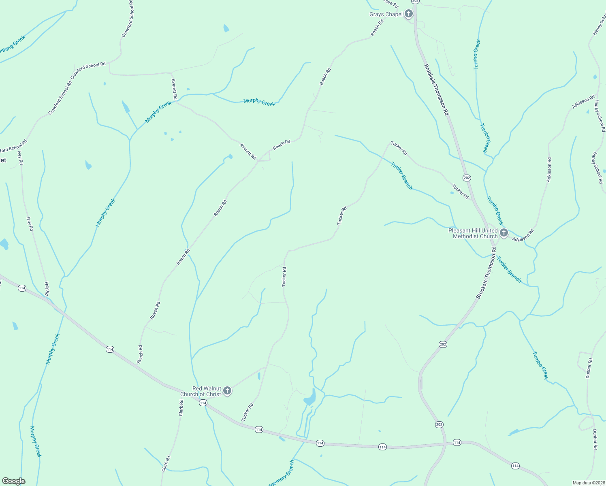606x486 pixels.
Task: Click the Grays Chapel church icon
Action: (x=408, y=15)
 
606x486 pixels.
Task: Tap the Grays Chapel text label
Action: (x=386, y=15)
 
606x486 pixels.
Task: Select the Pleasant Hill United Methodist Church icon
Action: (x=504, y=233)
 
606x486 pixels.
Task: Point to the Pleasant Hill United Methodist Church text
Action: (x=473, y=233)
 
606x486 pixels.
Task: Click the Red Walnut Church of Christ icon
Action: (x=227, y=391)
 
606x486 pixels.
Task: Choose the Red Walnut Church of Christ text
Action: (x=201, y=391)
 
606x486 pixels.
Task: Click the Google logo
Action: (x=13, y=481)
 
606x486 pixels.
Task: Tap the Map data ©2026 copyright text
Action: (x=588, y=483)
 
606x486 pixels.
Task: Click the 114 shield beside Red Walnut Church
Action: (x=203, y=403)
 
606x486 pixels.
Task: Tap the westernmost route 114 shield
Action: (x=22, y=288)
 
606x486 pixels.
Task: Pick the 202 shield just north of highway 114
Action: (x=440, y=424)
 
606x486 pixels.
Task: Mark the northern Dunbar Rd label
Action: (x=589, y=368)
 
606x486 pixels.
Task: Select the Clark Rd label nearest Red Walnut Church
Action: (x=181, y=408)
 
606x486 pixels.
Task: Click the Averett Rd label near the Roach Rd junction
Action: (x=248, y=151)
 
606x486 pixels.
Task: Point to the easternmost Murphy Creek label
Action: (x=259, y=102)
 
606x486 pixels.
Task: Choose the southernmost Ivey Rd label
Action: (x=47, y=288)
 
